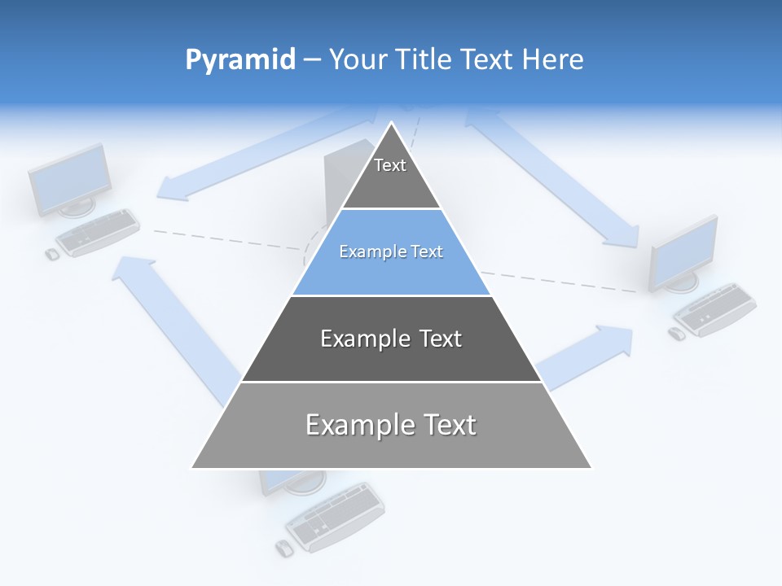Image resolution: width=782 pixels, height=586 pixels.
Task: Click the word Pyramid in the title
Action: [x=239, y=60]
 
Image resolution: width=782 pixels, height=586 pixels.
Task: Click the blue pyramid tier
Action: [x=391, y=252]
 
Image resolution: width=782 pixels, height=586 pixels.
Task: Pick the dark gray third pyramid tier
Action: [x=391, y=339]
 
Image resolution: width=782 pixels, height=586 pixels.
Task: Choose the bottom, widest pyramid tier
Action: [x=391, y=426]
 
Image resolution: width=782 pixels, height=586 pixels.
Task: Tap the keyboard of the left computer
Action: [x=99, y=232]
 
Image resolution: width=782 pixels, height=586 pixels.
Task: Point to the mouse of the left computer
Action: [x=52, y=254]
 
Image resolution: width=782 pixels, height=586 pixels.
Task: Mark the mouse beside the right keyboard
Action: [x=676, y=334]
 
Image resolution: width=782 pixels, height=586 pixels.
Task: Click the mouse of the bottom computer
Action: [x=283, y=548]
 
